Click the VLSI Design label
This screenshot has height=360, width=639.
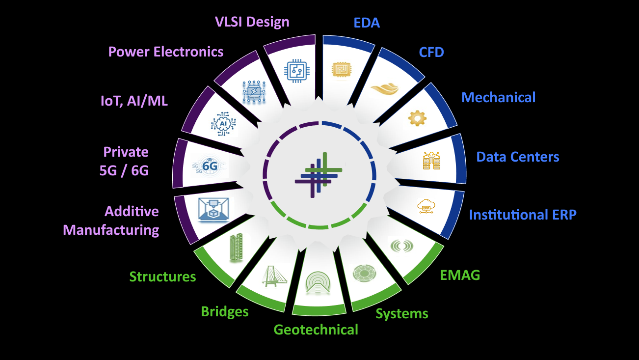point(252,22)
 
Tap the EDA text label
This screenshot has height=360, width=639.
point(367,23)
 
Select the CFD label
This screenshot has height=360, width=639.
point(431,52)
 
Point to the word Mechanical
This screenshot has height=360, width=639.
point(498,97)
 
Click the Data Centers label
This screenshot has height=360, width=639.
point(518,157)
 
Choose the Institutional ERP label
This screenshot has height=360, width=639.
point(523,215)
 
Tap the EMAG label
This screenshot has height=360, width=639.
point(460,275)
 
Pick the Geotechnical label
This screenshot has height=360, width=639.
point(316,329)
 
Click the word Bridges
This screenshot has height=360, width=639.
point(225,311)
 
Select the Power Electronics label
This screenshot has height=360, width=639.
point(166,52)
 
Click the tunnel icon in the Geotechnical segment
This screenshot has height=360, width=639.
point(318,284)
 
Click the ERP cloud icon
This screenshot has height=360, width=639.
point(426,206)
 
